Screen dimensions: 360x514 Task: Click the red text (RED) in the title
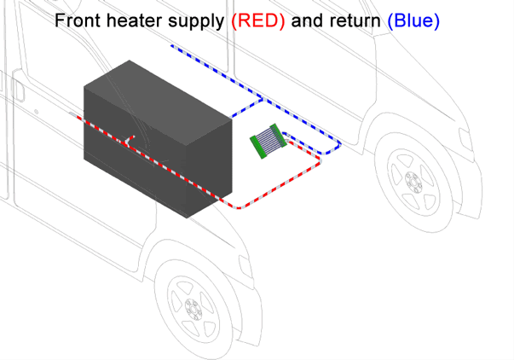pos(258,21)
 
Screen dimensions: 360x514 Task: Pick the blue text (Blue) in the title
pos(413,21)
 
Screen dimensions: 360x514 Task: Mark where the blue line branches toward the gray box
pos(260,99)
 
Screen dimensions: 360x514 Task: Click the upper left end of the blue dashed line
pos(171,45)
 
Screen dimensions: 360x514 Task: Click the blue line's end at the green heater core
pos(284,135)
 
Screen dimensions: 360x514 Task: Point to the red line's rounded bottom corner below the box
pos(241,206)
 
